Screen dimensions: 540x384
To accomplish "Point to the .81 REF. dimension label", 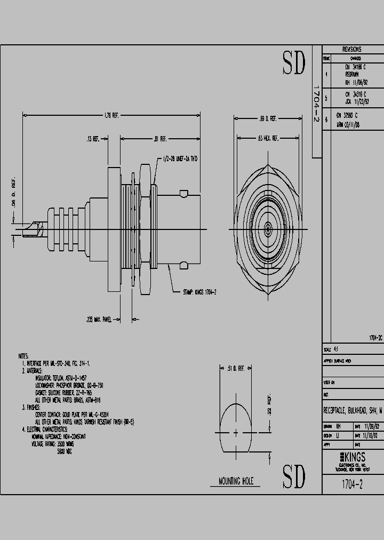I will click(x=160, y=139).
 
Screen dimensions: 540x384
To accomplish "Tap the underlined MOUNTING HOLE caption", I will click(x=236, y=481).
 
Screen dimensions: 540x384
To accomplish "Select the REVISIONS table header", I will click(x=351, y=49).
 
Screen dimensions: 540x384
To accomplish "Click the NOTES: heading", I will click(x=23, y=356).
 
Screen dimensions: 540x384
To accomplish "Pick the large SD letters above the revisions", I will click(x=294, y=64).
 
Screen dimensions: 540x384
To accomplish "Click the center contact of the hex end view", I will click(x=267, y=229).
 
